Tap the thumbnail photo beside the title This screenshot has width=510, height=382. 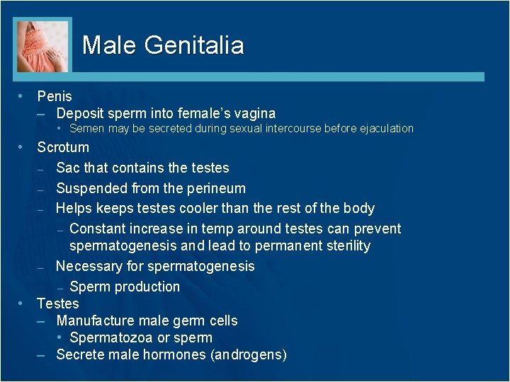pos(42,45)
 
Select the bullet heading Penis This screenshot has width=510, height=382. pos(55,95)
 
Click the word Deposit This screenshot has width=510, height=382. pos(80,113)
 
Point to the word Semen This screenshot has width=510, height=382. pos(86,129)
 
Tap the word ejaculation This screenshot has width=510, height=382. pos(387,129)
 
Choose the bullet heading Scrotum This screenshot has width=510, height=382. pos(63,148)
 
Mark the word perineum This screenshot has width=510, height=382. pos(215,189)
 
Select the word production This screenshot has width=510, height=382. pos(147,287)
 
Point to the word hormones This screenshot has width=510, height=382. pos(177,355)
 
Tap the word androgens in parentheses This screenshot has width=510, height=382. pos(249,355)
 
